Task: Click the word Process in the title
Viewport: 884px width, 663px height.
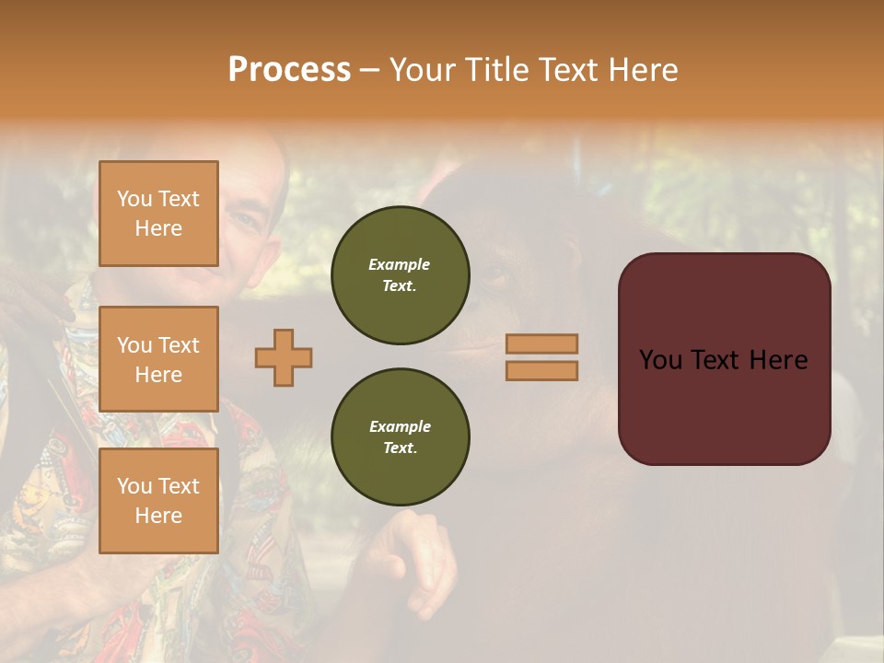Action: (289, 69)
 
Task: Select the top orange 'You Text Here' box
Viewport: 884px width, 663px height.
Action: (158, 214)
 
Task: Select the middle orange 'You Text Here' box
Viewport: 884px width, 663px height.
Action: (158, 359)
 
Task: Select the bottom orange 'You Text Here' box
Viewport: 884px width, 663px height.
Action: (158, 500)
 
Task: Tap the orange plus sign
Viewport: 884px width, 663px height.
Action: (284, 357)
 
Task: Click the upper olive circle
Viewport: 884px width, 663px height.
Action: (401, 275)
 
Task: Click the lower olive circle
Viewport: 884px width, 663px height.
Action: (401, 437)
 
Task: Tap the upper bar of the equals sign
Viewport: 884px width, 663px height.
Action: (541, 343)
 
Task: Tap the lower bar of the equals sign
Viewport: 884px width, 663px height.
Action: (541, 370)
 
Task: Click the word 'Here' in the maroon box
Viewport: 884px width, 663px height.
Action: (778, 359)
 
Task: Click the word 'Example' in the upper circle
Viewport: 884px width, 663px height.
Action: (400, 264)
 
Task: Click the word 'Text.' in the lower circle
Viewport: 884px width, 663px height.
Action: (400, 448)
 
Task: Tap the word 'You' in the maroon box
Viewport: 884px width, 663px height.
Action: (660, 359)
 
